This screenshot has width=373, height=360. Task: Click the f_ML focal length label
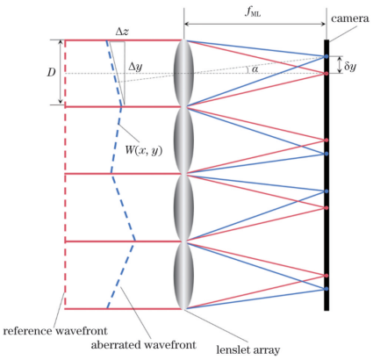(253, 12)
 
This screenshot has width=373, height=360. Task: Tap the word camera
(350, 19)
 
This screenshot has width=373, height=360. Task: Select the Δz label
(122, 32)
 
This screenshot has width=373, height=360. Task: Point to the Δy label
(135, 68)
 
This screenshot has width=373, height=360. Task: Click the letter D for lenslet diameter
(51, 73)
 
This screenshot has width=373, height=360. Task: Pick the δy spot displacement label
(350, 67)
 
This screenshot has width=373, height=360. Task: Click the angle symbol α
(255, 69)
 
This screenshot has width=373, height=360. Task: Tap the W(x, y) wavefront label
(144, 150)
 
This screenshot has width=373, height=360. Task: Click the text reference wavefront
(55, 331)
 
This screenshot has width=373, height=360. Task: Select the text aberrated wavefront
(143, 345)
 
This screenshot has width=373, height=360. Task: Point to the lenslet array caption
(248, 349)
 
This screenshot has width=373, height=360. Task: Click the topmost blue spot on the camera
(326, 56)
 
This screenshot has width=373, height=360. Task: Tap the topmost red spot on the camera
(326, 73)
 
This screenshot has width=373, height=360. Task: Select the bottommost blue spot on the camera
(326, 289)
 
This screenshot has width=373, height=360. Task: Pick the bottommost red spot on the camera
(326, 276)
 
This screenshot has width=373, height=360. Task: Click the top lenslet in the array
(183, 73)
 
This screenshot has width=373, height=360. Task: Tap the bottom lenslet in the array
(183, 276)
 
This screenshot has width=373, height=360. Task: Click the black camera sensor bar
(326, 175)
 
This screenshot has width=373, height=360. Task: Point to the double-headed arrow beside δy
(340, 65)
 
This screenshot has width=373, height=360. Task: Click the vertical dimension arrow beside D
(61, 72)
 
